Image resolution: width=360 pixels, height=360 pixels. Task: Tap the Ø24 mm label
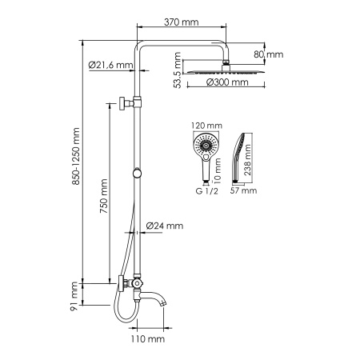(166, 226)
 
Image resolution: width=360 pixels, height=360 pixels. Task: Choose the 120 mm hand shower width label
(208, 126)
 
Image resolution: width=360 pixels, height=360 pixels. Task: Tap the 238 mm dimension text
(248, 160)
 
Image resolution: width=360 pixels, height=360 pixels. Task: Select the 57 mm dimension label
(243, 191)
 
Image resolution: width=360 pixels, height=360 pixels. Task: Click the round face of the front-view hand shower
(208, 146)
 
